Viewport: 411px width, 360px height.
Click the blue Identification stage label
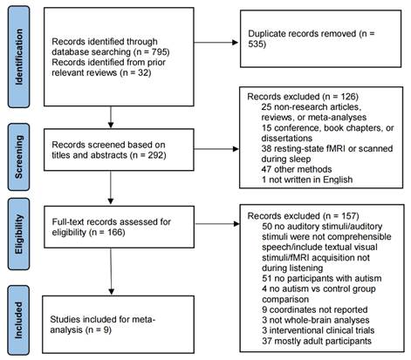(18, 57)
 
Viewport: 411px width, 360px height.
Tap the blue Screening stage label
(18, 157)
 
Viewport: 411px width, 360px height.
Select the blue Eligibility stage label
(18, 234)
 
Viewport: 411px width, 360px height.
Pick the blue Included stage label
(18, 320)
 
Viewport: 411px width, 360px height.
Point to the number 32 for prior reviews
(143, 72)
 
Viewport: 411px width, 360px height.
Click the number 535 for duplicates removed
(256, 44)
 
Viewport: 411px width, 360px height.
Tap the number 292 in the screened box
(155, 155)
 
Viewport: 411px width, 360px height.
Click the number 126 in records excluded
(348, 97)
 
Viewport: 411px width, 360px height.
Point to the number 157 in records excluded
(348, 216)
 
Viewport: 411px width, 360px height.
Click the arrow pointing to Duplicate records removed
(216, 43)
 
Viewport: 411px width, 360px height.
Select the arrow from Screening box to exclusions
(216, 149)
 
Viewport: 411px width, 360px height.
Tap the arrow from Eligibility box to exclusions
(217, 224)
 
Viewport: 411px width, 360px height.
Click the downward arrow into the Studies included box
(111, 271)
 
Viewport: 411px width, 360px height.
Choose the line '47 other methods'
(297, 169)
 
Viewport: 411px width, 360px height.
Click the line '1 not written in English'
(307, 180)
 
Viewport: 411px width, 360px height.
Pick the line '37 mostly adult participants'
(317, 341)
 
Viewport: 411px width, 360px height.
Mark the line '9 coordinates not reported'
(315, 309)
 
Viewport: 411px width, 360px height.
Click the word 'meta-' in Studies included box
(144, 319)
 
